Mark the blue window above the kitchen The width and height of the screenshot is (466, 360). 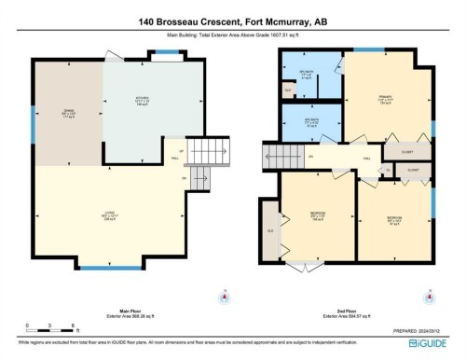[167, 60]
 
